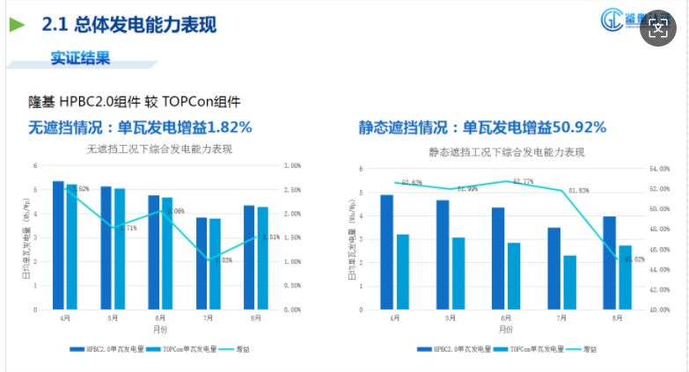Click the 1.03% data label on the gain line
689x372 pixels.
223,260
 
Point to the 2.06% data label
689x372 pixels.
174,211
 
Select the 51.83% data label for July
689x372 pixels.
578,190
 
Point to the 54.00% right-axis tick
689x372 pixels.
660,169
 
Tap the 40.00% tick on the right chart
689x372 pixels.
660,310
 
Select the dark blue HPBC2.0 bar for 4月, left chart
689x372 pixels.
58,245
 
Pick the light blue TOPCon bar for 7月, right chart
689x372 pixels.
570,282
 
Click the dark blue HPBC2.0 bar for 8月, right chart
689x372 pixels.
609,263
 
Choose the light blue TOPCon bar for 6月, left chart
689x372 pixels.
167,253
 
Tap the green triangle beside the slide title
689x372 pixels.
17,26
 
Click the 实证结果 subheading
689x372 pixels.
80,59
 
